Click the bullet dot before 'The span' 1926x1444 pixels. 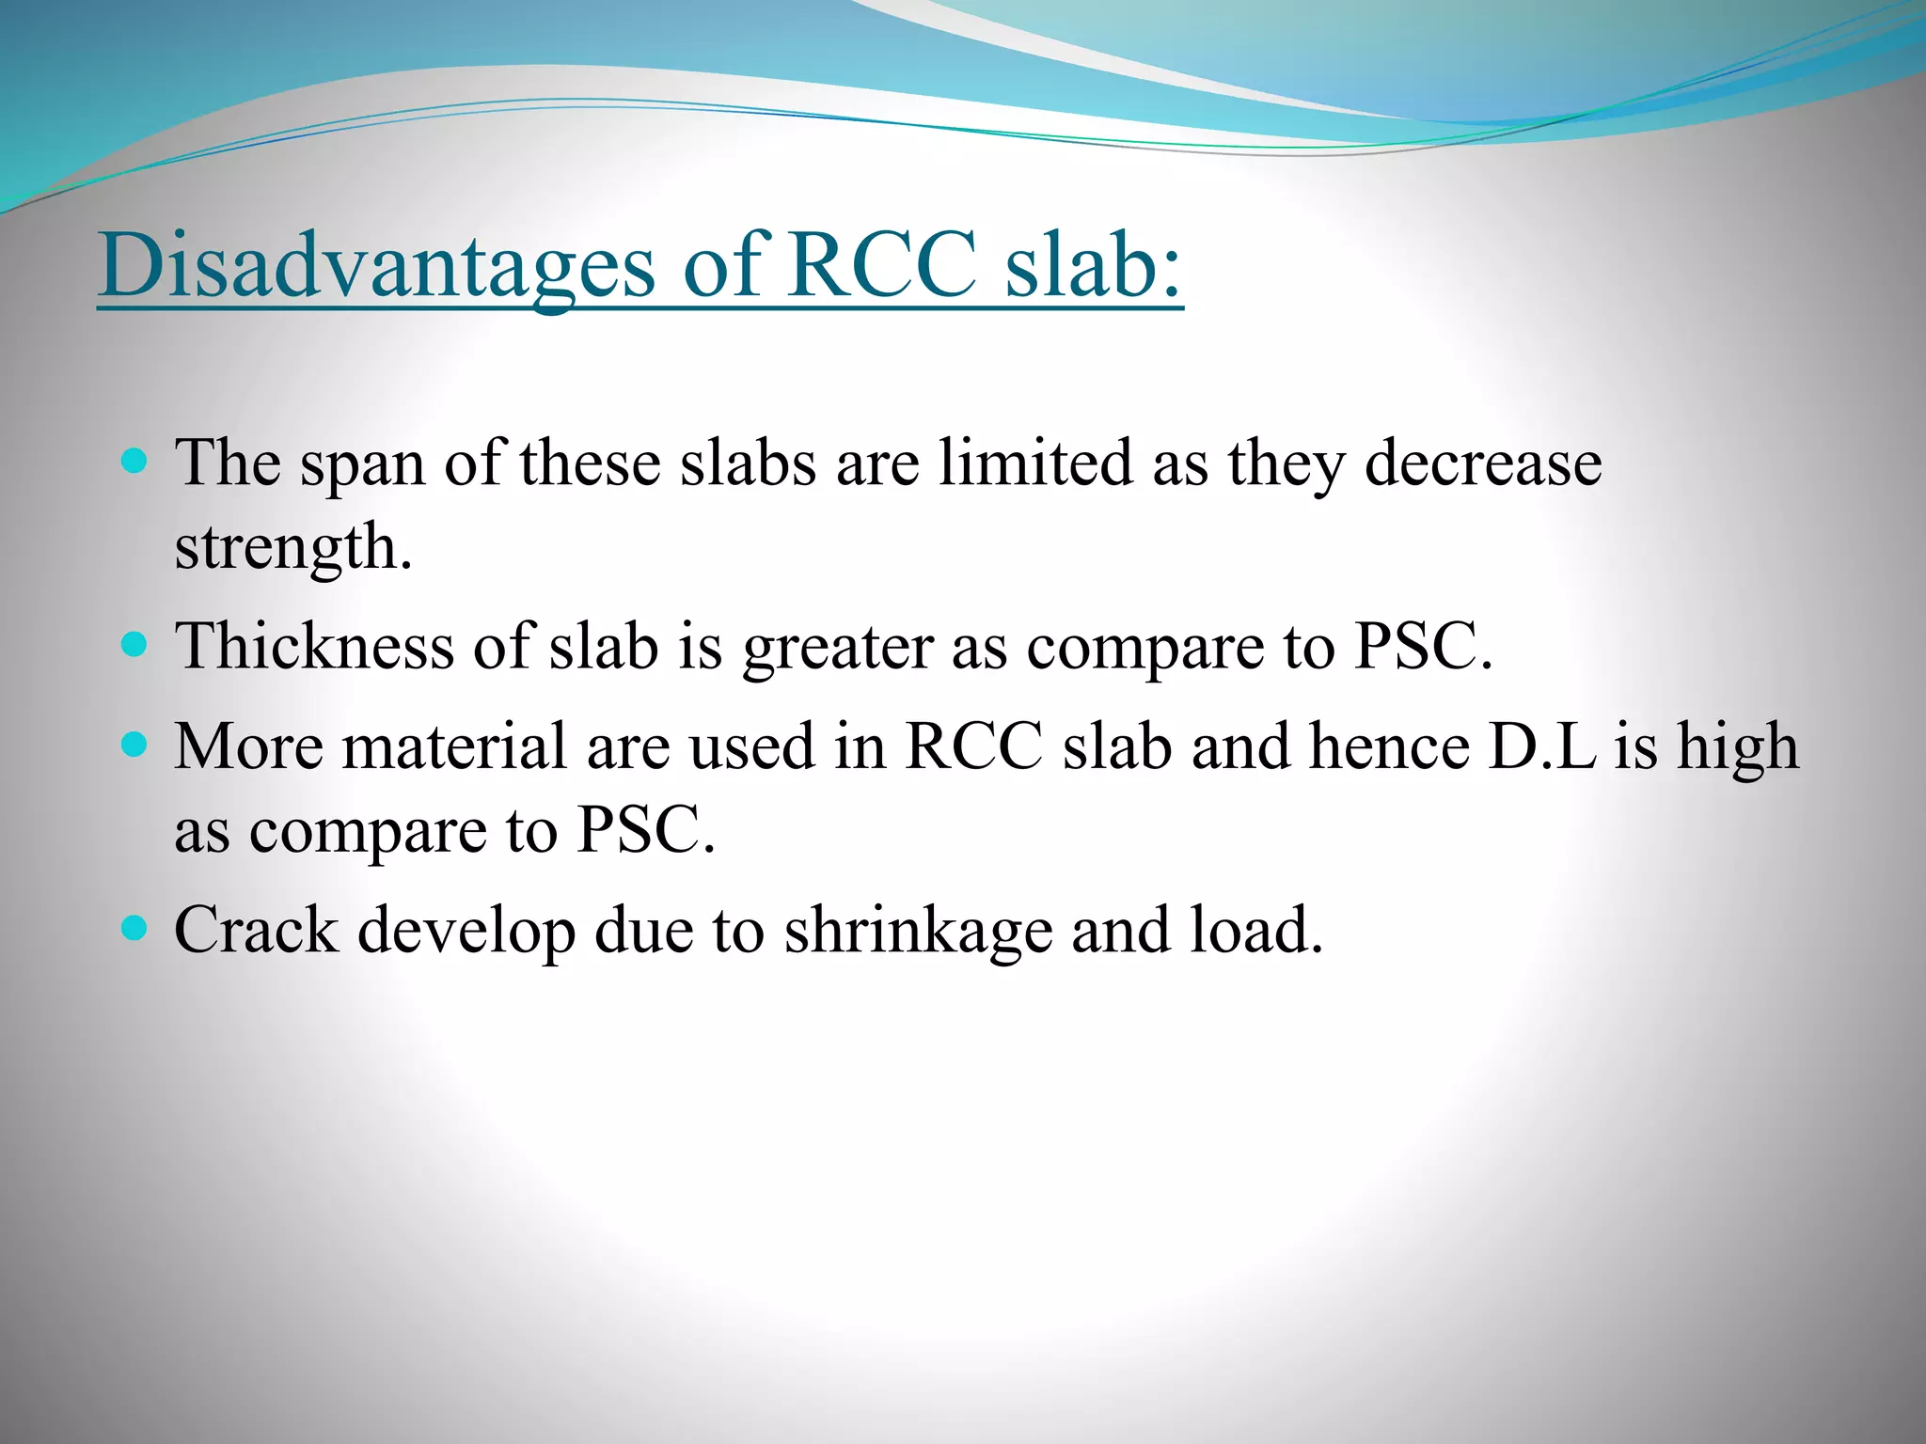coord(135,461)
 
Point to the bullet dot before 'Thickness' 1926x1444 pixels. coord(135,644)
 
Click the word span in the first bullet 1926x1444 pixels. coord(362,466)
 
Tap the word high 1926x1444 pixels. coord(1739,748)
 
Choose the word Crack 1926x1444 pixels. coord(256,931)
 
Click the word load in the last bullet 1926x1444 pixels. coord(1255,931)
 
